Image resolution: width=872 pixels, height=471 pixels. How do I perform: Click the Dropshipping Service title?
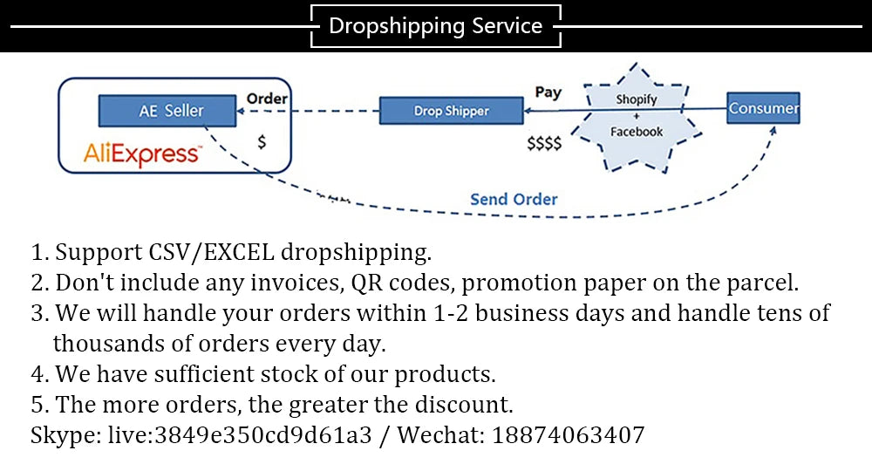click(435, 26)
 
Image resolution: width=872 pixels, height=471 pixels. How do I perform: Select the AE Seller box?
click(167, 111)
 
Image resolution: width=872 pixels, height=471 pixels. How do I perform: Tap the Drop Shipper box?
click(451, 111)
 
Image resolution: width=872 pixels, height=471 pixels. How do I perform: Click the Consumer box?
click(763, 108)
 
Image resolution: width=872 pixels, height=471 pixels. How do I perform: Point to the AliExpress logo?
click(142, 154)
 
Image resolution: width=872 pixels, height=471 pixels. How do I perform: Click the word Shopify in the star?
click(636, 99)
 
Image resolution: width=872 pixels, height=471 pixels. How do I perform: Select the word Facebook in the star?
click(637, 132)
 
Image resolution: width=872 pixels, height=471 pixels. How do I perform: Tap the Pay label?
click(548, 92)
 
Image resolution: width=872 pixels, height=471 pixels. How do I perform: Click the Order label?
click(267, 99)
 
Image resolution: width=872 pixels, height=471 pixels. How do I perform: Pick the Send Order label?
click(514, 199)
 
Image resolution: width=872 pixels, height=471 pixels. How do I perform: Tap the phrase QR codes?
click(399, 283)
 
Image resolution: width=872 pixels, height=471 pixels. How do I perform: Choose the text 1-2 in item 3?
click(450, 313)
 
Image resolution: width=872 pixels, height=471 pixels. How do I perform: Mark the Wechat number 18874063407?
click(569, 434)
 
